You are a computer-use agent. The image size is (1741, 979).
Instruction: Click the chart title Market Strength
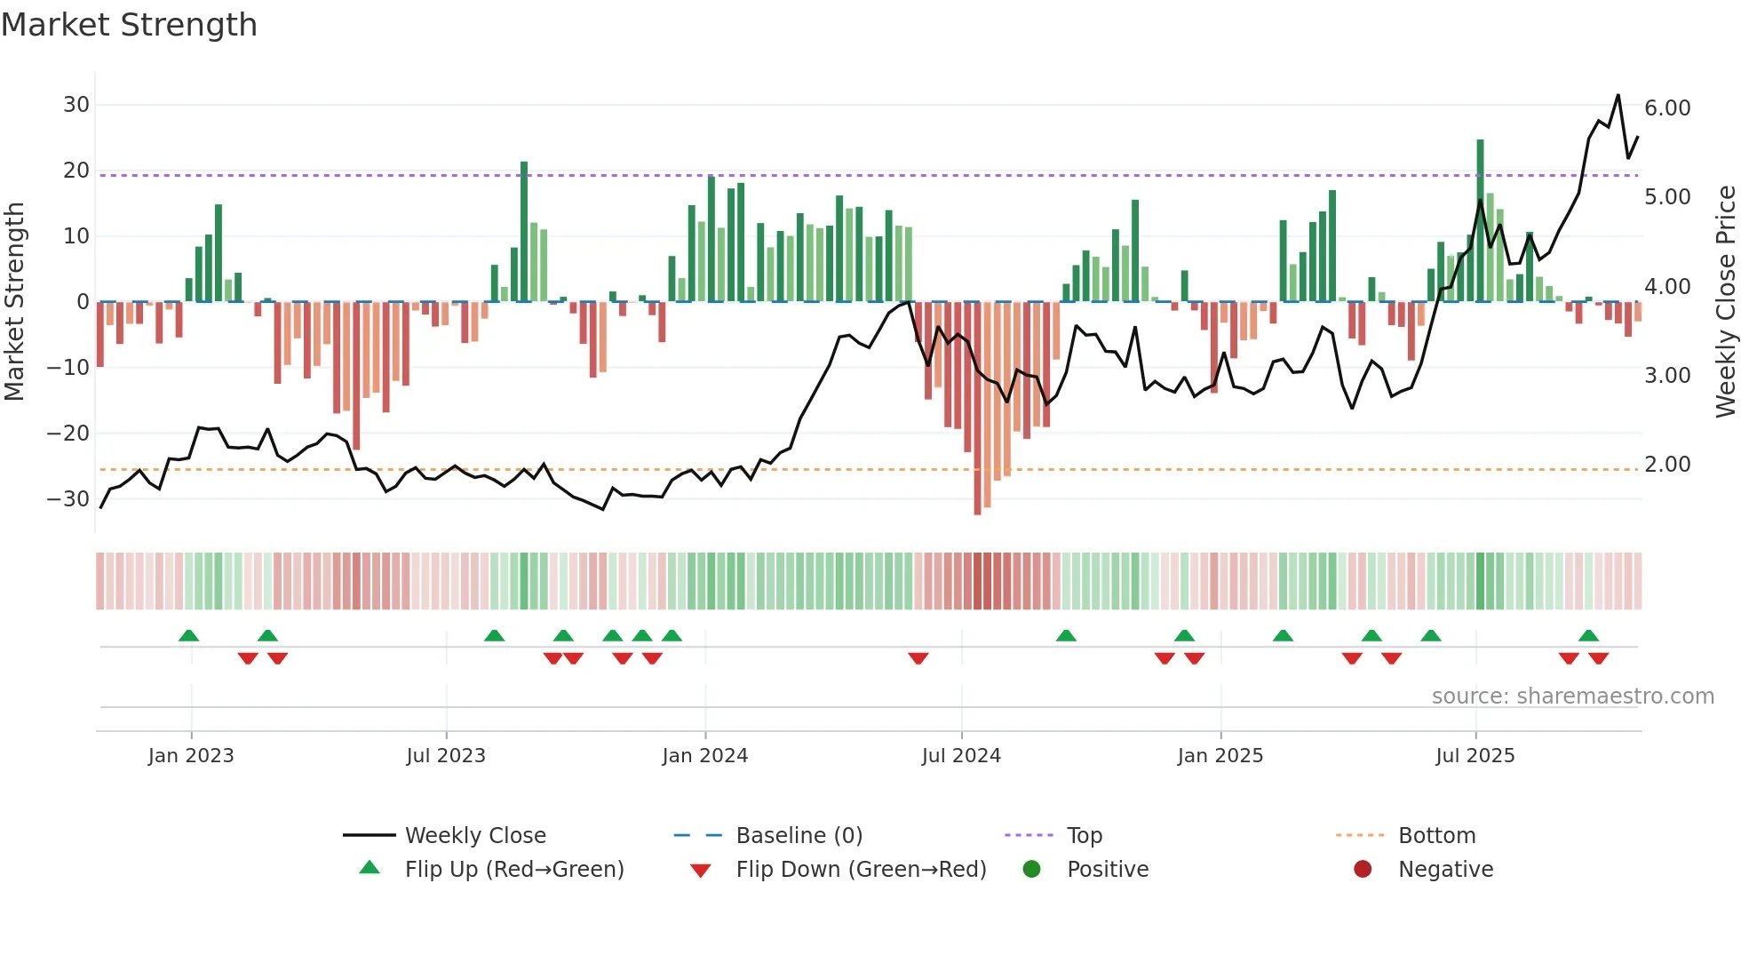129,25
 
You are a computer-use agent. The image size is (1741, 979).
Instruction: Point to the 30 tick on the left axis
76,105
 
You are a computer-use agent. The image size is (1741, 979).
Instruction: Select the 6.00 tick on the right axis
1667,108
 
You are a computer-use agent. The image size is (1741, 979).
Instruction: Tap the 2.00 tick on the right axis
1667,465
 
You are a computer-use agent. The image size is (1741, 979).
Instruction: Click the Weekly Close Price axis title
1725,302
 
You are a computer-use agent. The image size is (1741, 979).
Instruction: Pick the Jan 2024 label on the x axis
704,756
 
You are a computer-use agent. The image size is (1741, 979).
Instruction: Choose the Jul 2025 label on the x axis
1475,756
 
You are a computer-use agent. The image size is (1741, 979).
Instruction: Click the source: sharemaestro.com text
1572,696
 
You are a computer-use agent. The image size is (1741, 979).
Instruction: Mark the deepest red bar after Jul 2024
977,409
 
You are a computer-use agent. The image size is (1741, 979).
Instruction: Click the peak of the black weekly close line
1618,96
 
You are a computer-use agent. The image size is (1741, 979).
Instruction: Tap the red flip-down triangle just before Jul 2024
918,658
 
